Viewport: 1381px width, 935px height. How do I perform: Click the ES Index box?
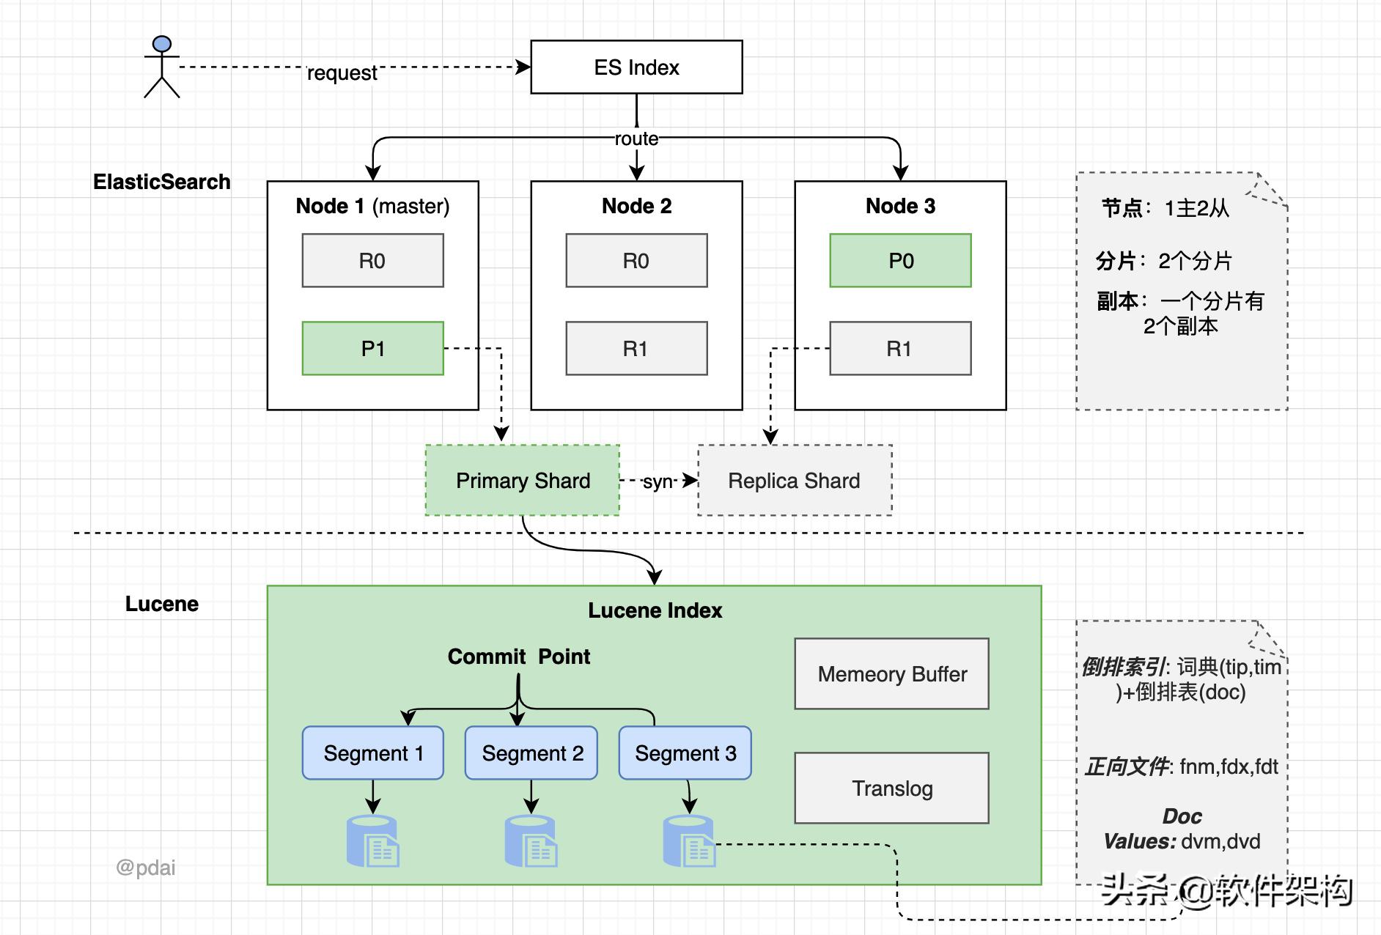636,67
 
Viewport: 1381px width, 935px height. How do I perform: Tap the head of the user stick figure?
162,44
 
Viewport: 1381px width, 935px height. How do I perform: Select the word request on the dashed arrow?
342,73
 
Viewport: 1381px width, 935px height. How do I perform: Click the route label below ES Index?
636,138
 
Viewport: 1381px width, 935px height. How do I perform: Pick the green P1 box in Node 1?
372,348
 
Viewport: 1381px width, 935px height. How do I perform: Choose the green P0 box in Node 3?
900,261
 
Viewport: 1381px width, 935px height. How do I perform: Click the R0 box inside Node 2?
636,261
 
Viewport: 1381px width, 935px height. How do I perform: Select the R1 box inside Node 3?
900,348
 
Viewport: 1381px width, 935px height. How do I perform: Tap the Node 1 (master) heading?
372,206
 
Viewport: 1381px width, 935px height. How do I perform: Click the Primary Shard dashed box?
523,481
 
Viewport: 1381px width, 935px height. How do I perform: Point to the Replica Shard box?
795,481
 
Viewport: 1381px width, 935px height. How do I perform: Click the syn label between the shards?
658,481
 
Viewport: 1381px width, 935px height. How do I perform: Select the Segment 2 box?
531,753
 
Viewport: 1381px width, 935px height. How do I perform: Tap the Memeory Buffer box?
891,674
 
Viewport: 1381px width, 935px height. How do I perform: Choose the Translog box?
891,788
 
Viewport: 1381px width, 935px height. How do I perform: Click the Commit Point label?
518,657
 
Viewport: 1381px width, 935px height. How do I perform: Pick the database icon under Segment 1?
372,841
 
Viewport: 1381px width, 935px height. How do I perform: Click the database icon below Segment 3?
688,841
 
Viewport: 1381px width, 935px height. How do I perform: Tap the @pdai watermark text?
146,868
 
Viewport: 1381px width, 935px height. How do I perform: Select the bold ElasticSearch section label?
161,182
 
